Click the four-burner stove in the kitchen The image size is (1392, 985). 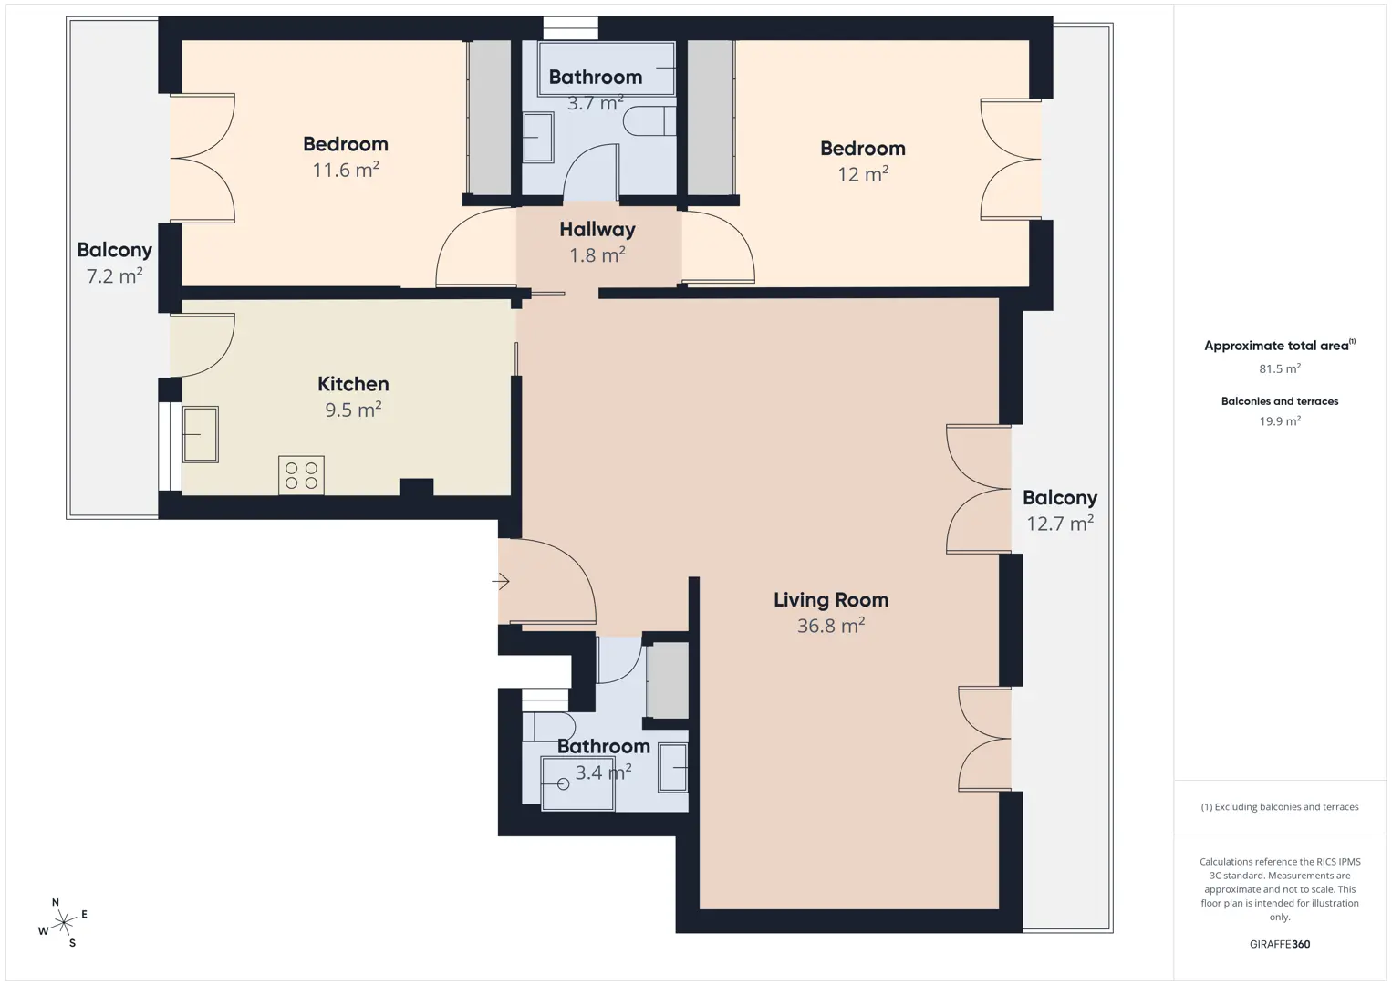pyautogui.click(x=301, y=475)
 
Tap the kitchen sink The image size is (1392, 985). pyautogui.click(x=200, y=434)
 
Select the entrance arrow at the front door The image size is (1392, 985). pyautogui.click(x=501, y=581)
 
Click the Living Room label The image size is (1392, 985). pyautogui.click(x=831, y=600)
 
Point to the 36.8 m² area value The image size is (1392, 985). pyautogui.click(x=831, y=625)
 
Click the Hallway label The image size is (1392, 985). pyautogui.click(x=597, y=229)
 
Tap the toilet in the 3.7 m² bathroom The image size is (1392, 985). pyautogui.click(x=649, y=120)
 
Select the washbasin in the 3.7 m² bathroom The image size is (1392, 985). pyautogui.click(x=537, y=138)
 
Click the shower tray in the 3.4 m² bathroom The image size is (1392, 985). pyautogui.click(x=578, y=783)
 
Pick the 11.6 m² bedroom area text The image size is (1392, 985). pyautogui.click(x=346, y=170)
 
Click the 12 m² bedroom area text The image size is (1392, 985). pyautogui.click(x=863, y=174)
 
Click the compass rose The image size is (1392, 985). pyautogui.click(x=63, y=922)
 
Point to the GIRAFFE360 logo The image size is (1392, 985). pyautogui.click(x=1280, y=944)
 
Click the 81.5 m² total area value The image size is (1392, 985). pyautogui.click(x=1280, y=368)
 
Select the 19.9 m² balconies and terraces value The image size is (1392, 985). pyautogui.click(x=1280, y=420)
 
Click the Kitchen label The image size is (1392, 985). pyautogui.click(x=353, y=384)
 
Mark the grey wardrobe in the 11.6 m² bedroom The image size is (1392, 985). pyautogui.click(x=490, y=118)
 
